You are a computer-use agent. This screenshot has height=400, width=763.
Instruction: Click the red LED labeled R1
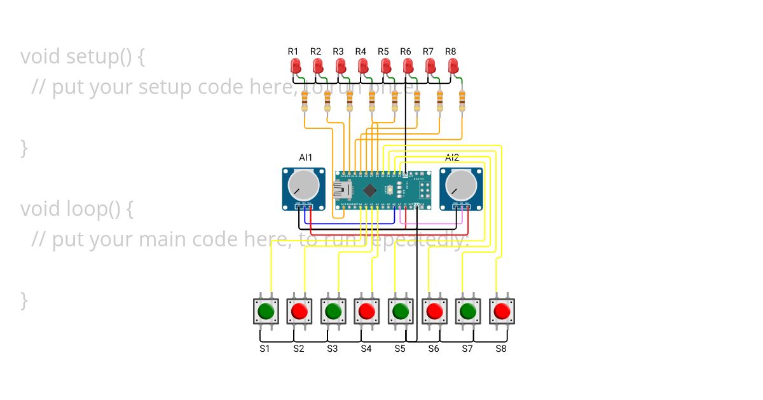click(x=296, y=66)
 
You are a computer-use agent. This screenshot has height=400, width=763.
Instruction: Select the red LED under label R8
click(x=453, y=66)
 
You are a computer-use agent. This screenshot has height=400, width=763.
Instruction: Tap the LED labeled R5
click(x=385, y=66)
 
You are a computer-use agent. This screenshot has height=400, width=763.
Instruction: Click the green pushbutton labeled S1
click(x=266, y=311)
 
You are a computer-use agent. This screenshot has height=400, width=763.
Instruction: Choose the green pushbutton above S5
click(x=401, y=311)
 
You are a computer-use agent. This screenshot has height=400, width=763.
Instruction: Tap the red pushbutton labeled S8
click(x=502, y=311)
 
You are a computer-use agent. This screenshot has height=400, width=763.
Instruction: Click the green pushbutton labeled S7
click(x=468, y=311)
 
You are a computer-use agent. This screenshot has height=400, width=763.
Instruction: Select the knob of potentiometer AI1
click(x=303, y=185)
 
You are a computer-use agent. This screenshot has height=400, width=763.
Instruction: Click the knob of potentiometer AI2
click(x=461, y=185)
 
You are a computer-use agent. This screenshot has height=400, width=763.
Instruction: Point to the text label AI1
click(x=305, y=157)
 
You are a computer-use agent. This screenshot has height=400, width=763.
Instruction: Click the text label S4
click(x=366, y=349)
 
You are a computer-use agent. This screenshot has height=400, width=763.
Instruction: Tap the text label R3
click(x=338, y=51)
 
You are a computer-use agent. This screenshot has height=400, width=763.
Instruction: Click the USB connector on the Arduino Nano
click(x=343, y=189)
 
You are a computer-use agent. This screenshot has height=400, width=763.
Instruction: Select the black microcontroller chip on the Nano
click(x=369, y=189)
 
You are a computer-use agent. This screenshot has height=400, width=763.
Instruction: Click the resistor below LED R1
click(x=305, y=100)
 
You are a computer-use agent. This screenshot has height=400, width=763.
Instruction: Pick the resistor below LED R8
click(x=462, y=100)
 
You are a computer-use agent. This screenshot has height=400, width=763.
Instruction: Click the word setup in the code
click(x=90, y=57)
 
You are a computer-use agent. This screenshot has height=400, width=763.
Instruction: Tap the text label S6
click(x=433, y=349)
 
